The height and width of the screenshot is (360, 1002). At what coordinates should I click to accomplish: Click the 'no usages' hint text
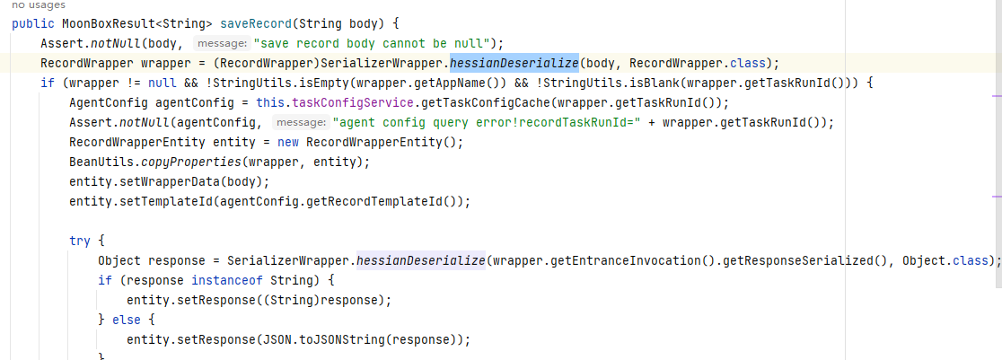[x=39, y=5]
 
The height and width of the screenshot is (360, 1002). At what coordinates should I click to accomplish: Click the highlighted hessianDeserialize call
[x=514, y=64]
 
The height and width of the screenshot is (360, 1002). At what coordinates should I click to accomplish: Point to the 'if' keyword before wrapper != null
[x=48, y=83]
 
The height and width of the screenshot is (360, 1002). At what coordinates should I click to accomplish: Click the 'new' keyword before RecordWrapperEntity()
[x=288, y=142]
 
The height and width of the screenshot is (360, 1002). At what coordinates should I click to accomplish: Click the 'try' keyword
[x=80, y=241]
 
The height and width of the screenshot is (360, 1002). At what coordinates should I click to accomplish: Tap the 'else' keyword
[x=126, y=320]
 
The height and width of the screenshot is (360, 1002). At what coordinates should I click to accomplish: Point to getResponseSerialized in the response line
[x=792, y=261]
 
